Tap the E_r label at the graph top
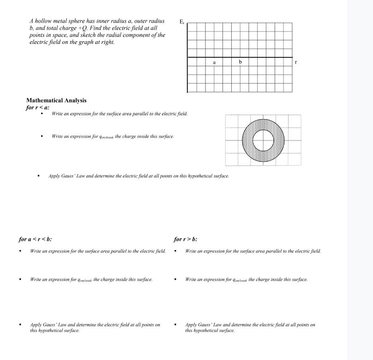[180, 21]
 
